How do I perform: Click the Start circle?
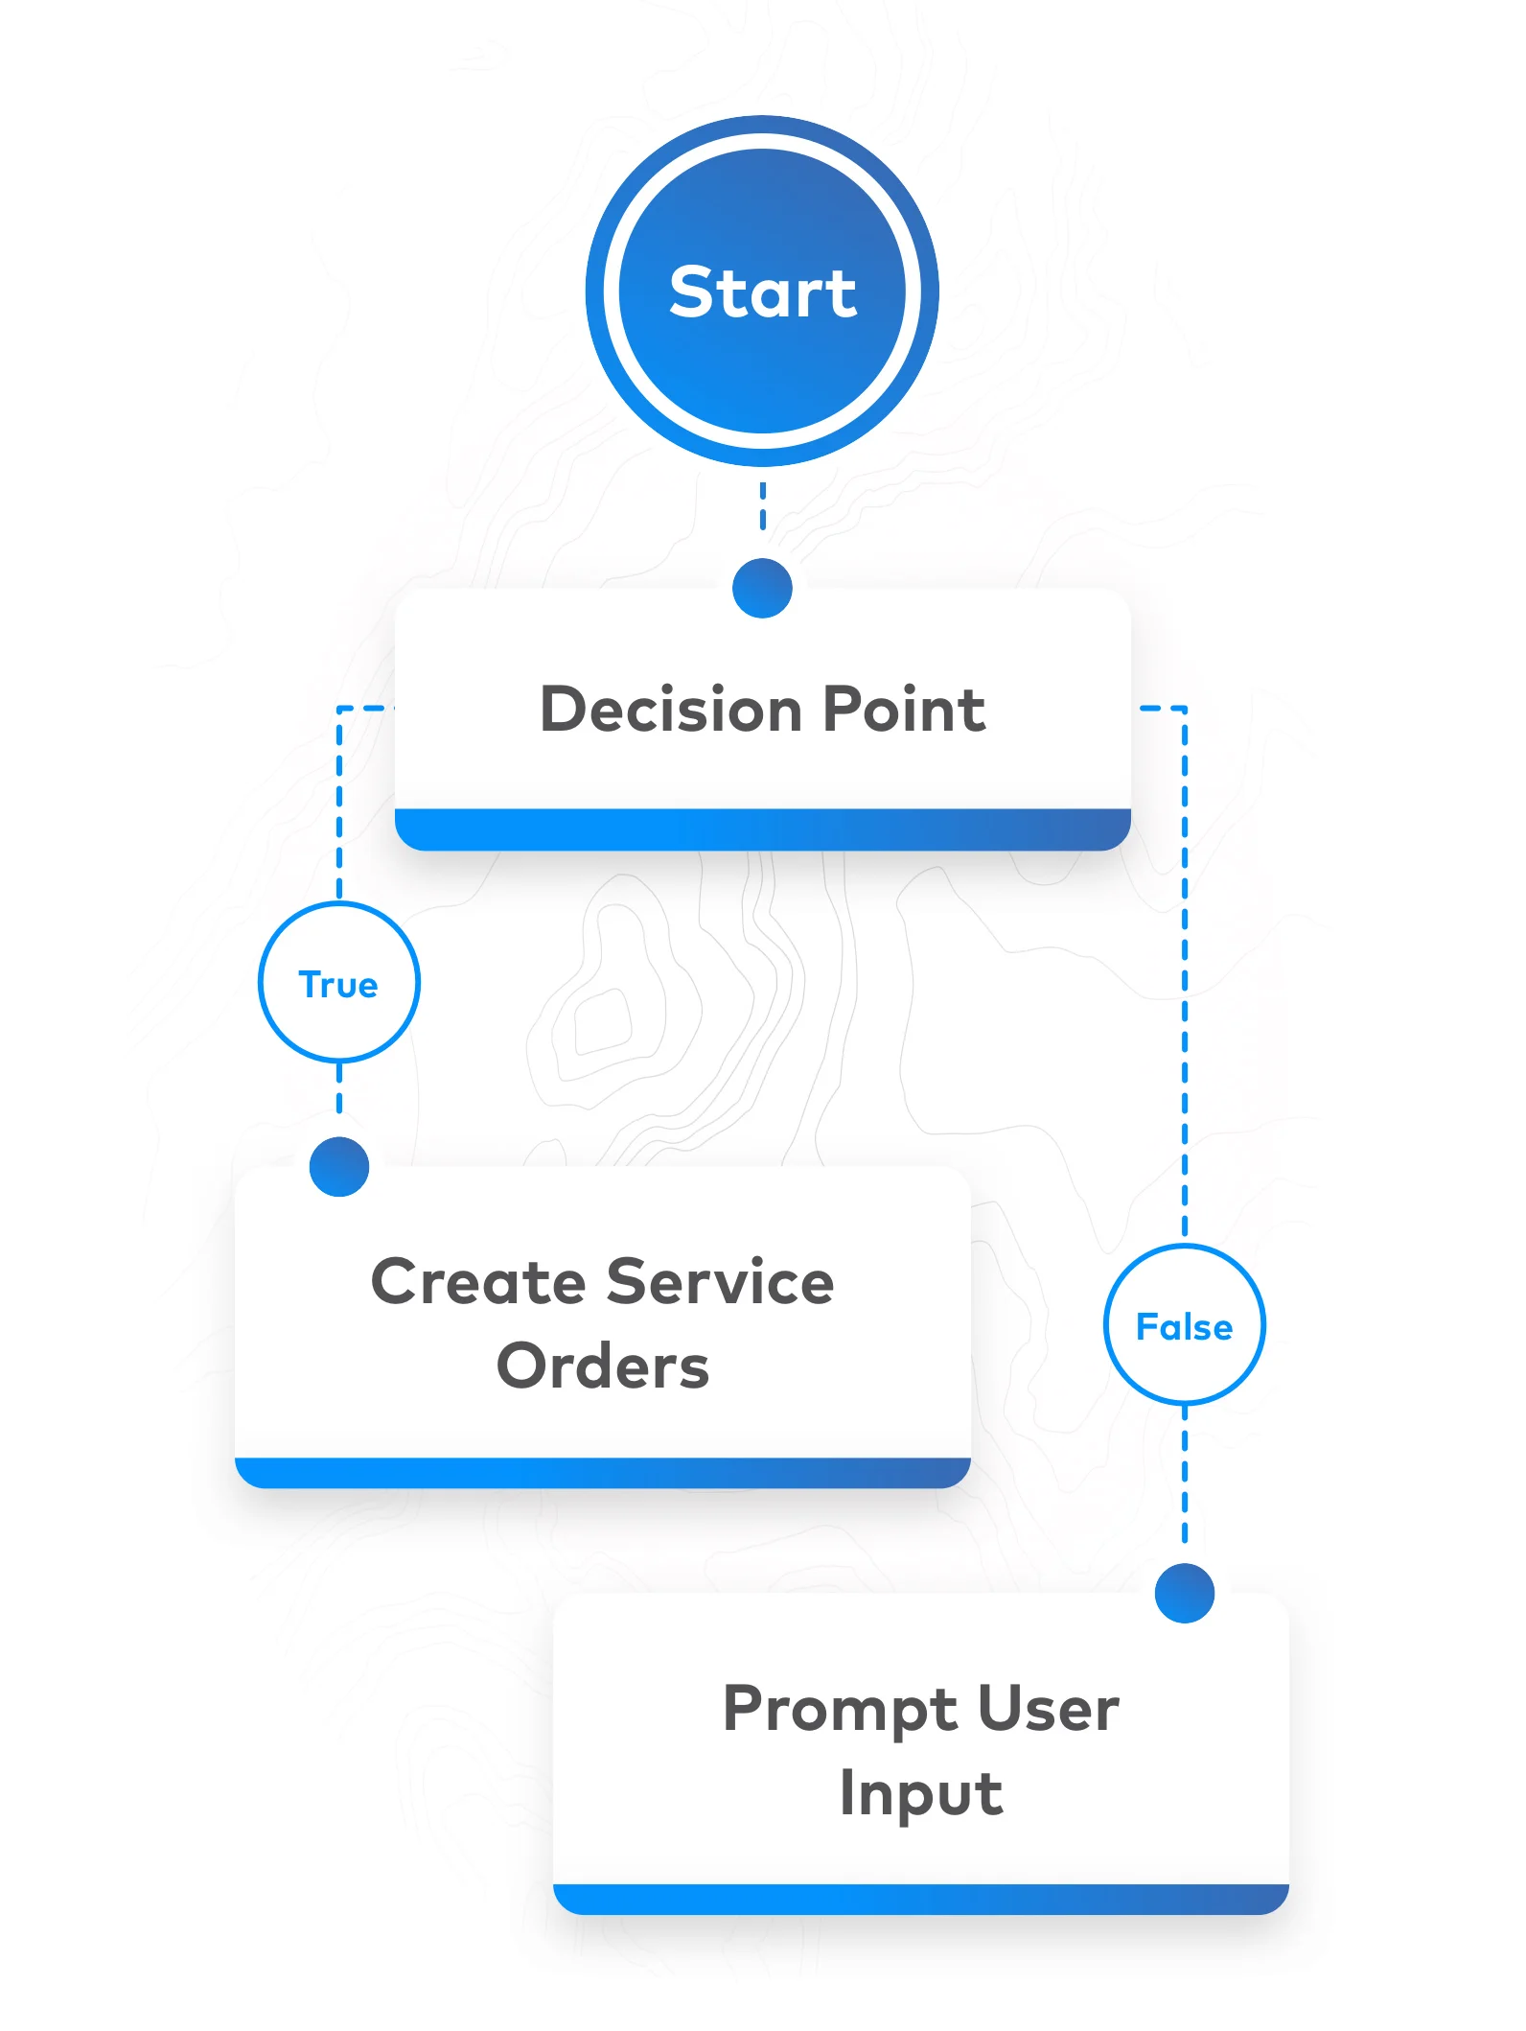(762, 384)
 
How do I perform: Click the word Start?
(762, 292)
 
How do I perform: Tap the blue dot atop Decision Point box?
(762, 588)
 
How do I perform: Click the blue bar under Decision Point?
(762, 829)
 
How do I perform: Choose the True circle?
(339, 982)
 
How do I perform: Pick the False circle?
(1184, 1325)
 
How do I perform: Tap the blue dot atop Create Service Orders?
(339, 1166)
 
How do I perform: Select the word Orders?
(603, 1366)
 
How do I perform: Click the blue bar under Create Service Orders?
(603, 1473)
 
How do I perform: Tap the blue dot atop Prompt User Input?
(1184, 1593)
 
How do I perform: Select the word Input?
(920, 1793)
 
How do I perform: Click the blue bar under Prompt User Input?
(920, 1899)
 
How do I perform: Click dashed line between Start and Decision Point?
(762, 506)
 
